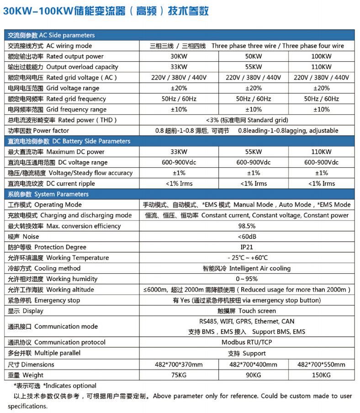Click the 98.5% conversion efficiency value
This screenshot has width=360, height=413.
coord(247,226)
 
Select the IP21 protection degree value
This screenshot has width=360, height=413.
coord(247,247)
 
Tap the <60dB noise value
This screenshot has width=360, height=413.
coord(247,237)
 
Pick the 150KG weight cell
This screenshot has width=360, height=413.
coord(321,375)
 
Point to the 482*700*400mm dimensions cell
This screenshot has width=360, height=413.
coord(253,365)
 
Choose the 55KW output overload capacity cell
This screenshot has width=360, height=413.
coord(253,67)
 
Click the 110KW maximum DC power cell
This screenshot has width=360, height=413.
coord(321,152)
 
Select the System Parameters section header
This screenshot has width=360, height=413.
coord(48,194)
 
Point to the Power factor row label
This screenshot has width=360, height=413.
coord(39,131)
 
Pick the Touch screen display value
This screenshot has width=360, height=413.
coord(247,311)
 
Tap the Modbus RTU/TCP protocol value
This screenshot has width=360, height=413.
coord(247,342)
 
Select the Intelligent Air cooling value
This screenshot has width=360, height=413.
coord(247,268)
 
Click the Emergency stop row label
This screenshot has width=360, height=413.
coord(44,300)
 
